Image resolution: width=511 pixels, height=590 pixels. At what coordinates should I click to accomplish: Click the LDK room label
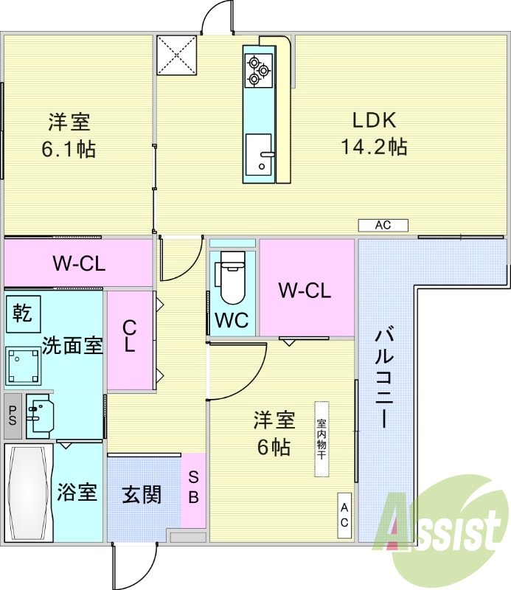(x=374, y=120)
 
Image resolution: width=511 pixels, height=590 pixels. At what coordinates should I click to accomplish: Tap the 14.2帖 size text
(x=374, y=147)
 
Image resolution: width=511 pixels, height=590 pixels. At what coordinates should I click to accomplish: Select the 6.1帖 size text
(x=69, y=150)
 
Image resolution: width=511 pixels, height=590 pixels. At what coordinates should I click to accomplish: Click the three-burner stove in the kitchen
(x=257, y=69)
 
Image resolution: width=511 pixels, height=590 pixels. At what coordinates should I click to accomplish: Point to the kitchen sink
(x=259, y=156)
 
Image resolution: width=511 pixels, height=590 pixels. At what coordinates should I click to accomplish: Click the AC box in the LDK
(x=383, y=226)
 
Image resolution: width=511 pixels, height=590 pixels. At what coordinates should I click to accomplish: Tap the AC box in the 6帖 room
(x=345, y=514)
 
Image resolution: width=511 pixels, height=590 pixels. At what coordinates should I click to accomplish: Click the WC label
(x=231, y=321)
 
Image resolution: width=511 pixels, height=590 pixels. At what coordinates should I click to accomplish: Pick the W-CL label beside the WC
(x=304, y=291)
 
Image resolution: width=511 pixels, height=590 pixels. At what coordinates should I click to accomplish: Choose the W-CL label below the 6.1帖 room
(x=78, y=263)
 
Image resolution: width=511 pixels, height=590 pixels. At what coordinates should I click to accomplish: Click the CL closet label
(x=130, y=336)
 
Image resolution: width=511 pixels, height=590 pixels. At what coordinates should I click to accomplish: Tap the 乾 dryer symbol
(x=22, y=313)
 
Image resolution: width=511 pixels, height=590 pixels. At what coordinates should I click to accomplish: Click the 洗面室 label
(x=72, y=345)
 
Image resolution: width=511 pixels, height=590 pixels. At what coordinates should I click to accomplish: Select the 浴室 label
(x=77, y=493)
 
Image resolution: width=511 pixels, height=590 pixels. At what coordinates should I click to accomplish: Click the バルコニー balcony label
(x=384, y=378)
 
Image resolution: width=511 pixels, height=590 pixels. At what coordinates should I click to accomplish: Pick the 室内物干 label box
(x=321, y=440)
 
